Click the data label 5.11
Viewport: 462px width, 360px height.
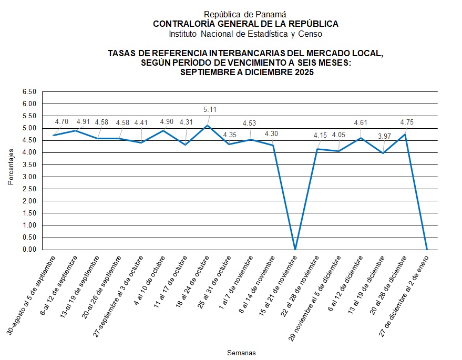click(210, 110)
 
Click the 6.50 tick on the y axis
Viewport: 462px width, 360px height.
click(29, 92)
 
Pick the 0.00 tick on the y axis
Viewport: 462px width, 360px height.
click(29, 250)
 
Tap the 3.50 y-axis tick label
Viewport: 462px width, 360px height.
click(29, 164)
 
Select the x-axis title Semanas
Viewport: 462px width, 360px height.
click(241, 353)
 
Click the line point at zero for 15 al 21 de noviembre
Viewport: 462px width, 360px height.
click(295, 250)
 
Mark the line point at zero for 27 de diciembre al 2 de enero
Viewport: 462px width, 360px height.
click(427, 250)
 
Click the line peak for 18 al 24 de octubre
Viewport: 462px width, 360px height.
click(208, 126)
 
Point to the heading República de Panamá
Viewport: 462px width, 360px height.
click(245, 15)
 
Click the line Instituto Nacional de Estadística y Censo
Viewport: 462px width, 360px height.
click(245, 34)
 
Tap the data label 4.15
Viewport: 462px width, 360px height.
click(320, 136)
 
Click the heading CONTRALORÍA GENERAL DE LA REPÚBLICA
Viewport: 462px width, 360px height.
click(245, 24)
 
